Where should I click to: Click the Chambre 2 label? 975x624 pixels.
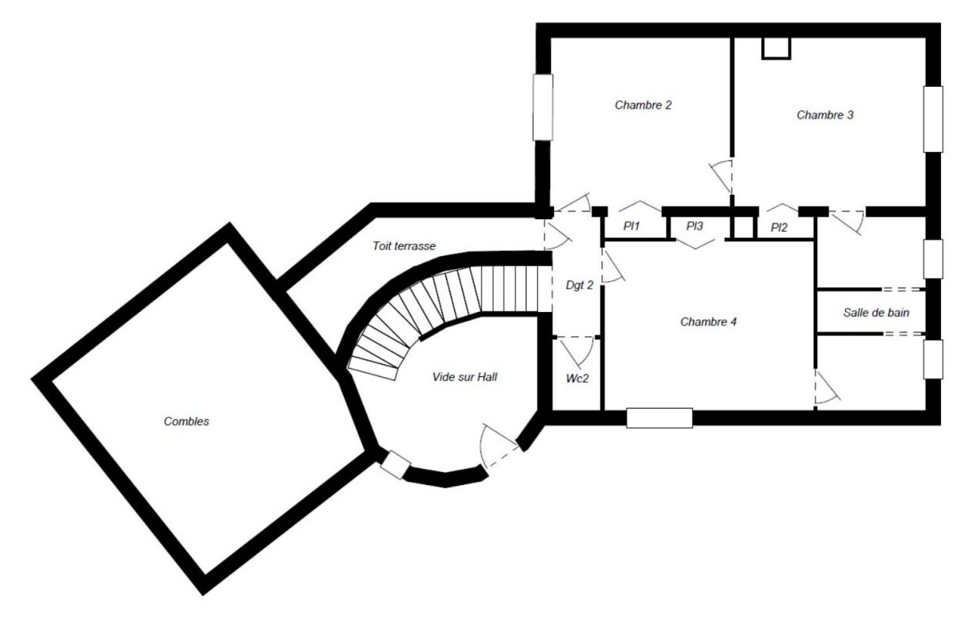[x=643, y=105]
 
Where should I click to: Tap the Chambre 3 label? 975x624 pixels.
[x=825, y=115]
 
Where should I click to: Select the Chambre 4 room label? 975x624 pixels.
[x=708, y=322]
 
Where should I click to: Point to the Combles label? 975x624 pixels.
[x=187, y=421]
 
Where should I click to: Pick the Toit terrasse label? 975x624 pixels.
[x=405, y=245]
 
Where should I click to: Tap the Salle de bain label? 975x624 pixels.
[x=876, y=312]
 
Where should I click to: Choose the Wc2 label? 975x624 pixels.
[x=577, y=379]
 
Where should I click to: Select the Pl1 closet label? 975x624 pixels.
[x=632, y=227]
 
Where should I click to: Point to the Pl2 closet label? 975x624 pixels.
[x=778, y=227]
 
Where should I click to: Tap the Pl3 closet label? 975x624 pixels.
[x=694, y=227]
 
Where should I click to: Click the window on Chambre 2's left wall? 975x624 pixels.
[x=542, y=106]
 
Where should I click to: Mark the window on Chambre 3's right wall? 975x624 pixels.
[x=933, y=119]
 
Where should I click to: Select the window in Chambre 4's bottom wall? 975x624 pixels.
[x=659, y=418]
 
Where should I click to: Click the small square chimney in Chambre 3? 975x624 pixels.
[x=776, y=48]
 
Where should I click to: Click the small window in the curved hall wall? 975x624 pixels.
[x=396, y=464]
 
